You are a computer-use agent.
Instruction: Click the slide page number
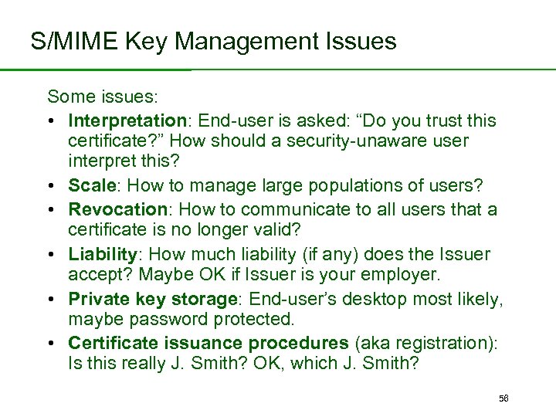(x=503, y=398)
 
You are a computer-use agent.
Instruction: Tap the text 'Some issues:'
(x=103, y=97)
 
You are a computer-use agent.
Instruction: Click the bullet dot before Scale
(x=51, y=187)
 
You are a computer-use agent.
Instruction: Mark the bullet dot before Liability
(x=51, y=254)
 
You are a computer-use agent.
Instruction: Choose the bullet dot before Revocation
(x=51, y=209)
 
